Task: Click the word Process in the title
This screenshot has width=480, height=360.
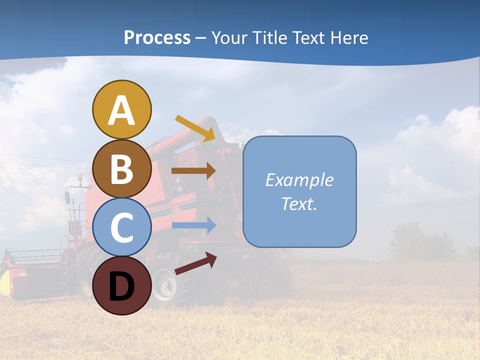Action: click(x=157, y=37)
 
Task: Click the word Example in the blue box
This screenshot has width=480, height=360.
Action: click(x=299, y=180)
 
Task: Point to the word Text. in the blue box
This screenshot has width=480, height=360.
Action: click(x=299, y=203)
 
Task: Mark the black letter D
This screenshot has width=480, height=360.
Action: click(x=121, y=286)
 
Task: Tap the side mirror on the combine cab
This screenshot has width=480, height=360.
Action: click(x=67, y=197)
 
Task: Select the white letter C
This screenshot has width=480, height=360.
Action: click(x=121, y=228)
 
